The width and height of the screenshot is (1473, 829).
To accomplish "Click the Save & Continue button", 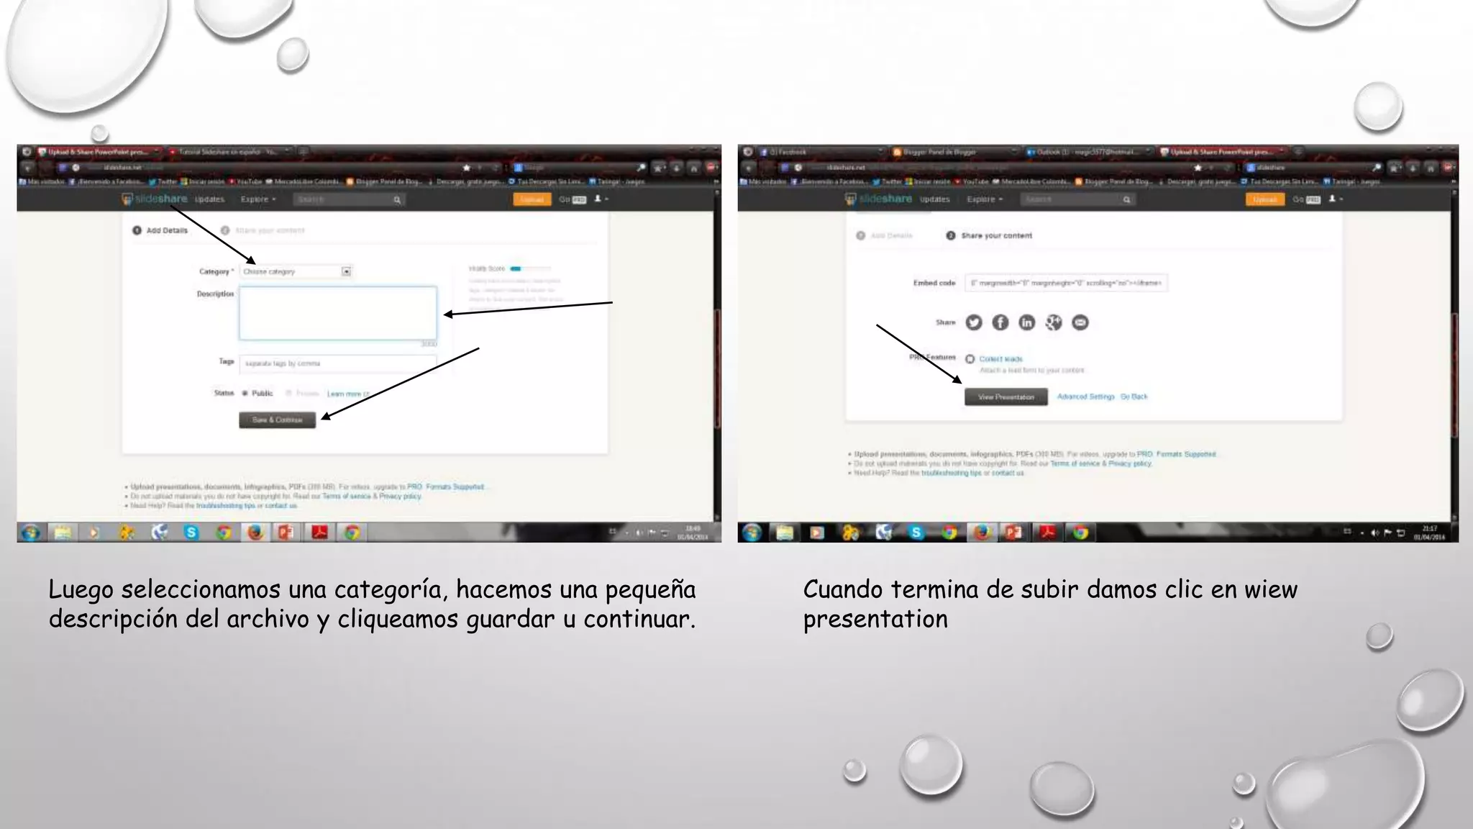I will point(277,420).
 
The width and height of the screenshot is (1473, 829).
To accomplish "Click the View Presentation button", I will point(1005,397).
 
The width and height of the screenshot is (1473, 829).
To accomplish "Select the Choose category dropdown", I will point(296,271).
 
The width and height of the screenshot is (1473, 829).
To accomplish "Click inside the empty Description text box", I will point(337,313).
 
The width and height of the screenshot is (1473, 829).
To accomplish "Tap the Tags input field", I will point(337,363).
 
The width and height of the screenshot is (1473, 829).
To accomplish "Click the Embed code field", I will point(1066,283).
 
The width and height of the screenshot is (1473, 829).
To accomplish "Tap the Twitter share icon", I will point(974,322).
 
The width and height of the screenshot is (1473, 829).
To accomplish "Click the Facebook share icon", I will point(1000,322).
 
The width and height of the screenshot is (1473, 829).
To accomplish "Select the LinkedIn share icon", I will point(1027,322).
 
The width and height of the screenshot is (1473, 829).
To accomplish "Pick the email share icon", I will point(1080,322).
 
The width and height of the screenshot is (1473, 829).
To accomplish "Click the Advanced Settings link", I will point(1085,397).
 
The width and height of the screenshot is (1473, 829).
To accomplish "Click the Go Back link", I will point(1134,397).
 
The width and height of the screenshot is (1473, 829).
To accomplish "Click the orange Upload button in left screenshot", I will point(532,199).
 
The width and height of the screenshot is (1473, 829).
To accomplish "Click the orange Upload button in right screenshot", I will point(1264,199).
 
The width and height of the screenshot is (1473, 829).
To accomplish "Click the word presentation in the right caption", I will point(875,619).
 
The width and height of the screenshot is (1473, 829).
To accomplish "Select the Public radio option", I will point(245,393).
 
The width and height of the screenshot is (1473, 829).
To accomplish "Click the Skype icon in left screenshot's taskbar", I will point(191,533).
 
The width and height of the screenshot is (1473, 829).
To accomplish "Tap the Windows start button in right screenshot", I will point(752,533).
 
